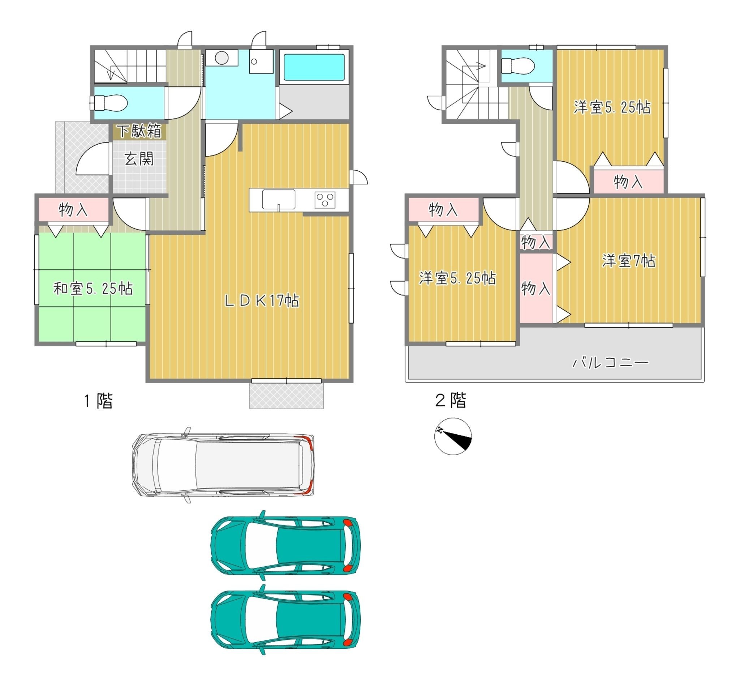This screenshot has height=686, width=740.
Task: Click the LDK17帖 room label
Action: pyautogui.click(x=262, y=301)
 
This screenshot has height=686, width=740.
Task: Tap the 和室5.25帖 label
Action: pyautogui.click(x=93, y=289)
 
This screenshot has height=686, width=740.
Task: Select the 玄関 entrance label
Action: pyautogui.click(x=139, y=159)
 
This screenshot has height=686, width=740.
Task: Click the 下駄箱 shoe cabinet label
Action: pyautogui.click(x=139, y=131)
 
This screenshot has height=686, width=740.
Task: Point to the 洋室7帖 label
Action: pyautogui.click(x=628, y=261)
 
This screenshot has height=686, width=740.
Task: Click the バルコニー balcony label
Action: pyautogui.click(x=611, y=362)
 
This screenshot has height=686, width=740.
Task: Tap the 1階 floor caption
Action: pyautogui.click(x=98, y=401)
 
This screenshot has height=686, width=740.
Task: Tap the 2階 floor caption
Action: pyautogui.click(x=451, y=400)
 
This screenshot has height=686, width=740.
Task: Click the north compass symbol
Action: pyautogui.click(x=452, y=436)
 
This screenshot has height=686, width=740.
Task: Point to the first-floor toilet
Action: pyautogui.click(x=109, y=103)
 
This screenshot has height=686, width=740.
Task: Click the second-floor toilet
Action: pyautogui.click(x=518, y=66)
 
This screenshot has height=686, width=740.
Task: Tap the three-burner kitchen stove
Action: pyautogui.click(x=325, y=200)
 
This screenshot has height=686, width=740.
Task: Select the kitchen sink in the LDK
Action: pyautogui.click(x=279, y=200)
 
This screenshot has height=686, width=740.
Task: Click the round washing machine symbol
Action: pyautogui.click(x=222, y=58)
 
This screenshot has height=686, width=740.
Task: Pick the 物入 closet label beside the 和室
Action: pyautogui.click(x=73, y=210)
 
